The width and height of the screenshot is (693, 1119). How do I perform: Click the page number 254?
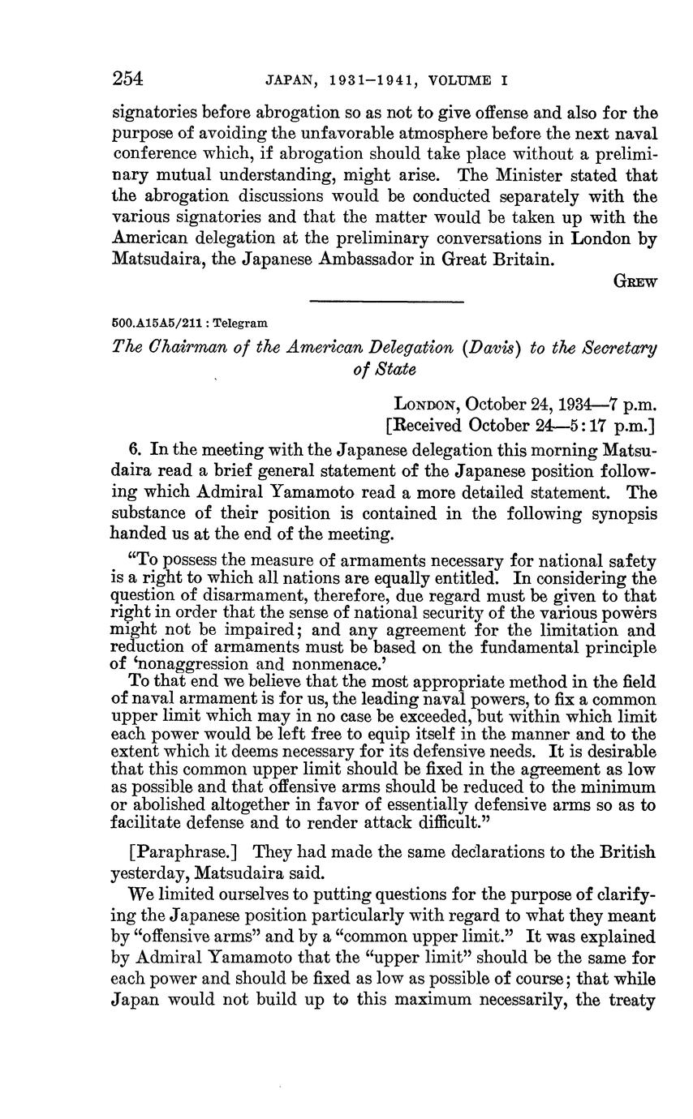[x=127, y=78]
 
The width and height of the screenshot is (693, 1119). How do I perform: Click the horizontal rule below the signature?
[x=386, y=302]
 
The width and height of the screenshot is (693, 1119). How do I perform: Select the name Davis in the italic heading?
[x=492, y=348]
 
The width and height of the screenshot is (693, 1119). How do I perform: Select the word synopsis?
[x=623, y=514]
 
